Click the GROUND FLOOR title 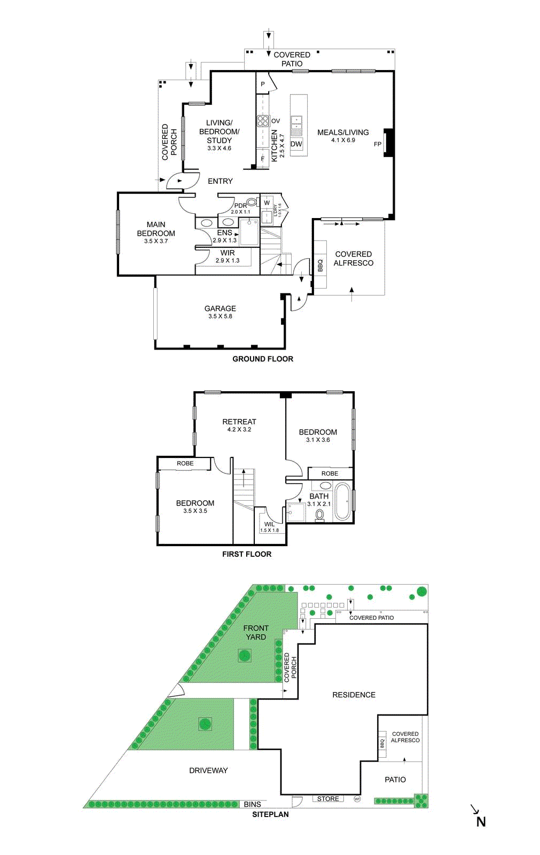(262, 359)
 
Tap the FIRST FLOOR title (247, 554)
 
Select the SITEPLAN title (270, 814)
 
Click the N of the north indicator (481, 822)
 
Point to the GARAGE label (220, 308)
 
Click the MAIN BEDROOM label (156, 229)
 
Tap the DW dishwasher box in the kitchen (296, 144)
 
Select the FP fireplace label (378, 144)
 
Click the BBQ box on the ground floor (320, 265)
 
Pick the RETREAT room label (239, 422)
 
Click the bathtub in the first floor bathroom (342, 502)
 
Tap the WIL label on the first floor (270, 524)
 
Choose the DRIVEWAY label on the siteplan (208, 771)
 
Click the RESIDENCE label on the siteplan (354, 695)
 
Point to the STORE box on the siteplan (328, 799)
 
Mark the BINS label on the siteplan (252, 804)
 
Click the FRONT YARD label (256, 633)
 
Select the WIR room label (228, 253)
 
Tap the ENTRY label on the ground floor (220, 181)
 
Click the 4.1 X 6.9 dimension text (343, 140)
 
